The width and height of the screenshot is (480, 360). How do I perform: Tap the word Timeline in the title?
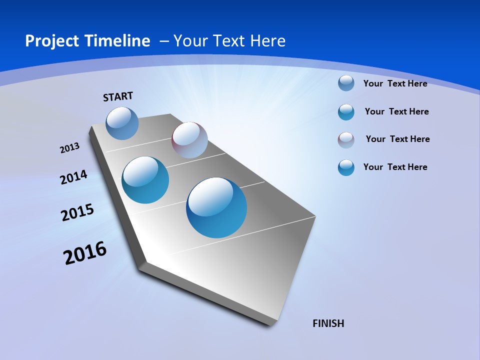[x=118, y=41]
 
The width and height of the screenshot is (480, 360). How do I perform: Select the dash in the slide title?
[x=163, y=41]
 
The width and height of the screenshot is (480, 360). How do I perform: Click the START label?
[x=118, y=96]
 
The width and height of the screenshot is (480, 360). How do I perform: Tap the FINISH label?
[x=328, y=323]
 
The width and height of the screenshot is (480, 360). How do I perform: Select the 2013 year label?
[x=69, y=148]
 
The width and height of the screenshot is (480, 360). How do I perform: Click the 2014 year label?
[x=74, y=177]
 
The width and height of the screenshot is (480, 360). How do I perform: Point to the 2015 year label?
[x=77, y=212]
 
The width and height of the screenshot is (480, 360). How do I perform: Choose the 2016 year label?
[x=85, y=253]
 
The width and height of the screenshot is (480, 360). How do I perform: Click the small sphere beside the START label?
[x=122, y=123]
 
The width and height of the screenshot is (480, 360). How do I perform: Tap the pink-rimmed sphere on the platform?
[x=189, y=140]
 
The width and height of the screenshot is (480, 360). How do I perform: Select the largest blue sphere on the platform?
[x=216, y=207]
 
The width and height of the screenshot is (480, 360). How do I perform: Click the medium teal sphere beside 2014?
[x=145, y=180]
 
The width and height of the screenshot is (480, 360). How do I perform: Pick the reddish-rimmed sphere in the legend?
[x=346, y=140]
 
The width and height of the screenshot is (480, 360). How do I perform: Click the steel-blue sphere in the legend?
[x=346, y=83]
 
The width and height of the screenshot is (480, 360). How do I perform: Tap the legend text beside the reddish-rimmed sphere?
[x=397, y=139]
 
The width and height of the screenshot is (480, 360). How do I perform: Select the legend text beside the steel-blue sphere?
[x=395, y=83]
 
